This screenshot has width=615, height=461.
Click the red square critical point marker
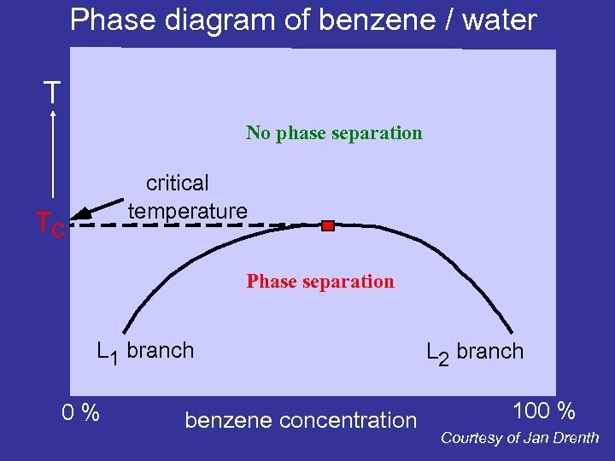click(x=327, y=226)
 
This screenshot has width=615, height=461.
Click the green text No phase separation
click(x=334, y=133)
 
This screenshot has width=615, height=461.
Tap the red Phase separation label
click(x=320, y=282)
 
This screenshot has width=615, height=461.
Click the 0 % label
click(x=81, y=413)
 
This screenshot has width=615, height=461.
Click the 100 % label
click(x=543, y=411)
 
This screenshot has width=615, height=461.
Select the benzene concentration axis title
click(x=301, y=420)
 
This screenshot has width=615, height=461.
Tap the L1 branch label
click(x=144, y=352)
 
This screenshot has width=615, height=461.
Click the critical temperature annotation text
click(x=187, y=197)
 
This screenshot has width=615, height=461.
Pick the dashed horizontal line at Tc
click(x=171, y=226)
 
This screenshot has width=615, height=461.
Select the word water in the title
click(x=500, y=20)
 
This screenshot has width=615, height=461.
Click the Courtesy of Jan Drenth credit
click(x=519, y=439)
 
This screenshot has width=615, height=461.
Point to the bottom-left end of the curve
click(x=125, y=331)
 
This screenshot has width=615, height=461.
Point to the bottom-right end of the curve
click(x=513, y=331)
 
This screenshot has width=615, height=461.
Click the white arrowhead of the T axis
click(x=53, y=114)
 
